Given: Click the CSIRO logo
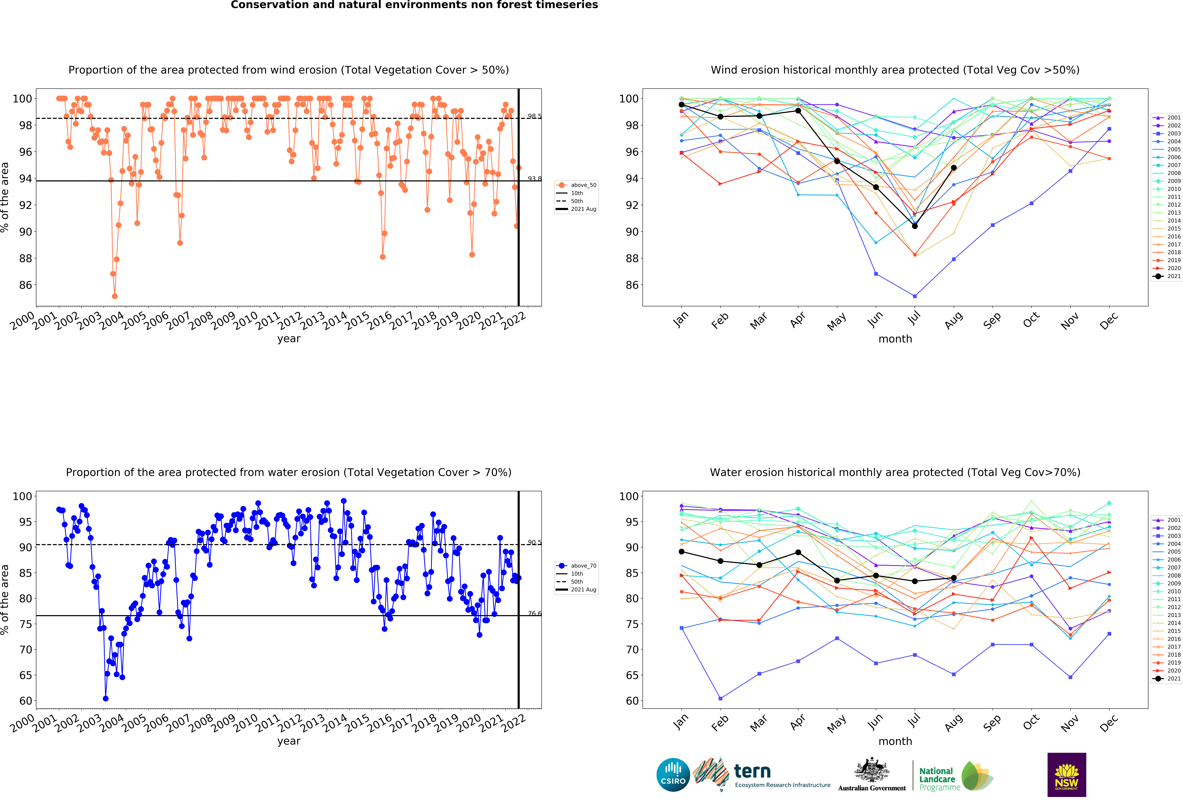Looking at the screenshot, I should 673,775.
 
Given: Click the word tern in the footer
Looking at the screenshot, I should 752,771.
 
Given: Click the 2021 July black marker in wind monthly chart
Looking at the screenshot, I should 915,226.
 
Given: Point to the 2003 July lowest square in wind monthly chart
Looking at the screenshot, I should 915,296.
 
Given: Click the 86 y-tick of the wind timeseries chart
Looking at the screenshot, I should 25,285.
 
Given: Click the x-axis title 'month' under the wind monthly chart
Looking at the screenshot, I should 895,339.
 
